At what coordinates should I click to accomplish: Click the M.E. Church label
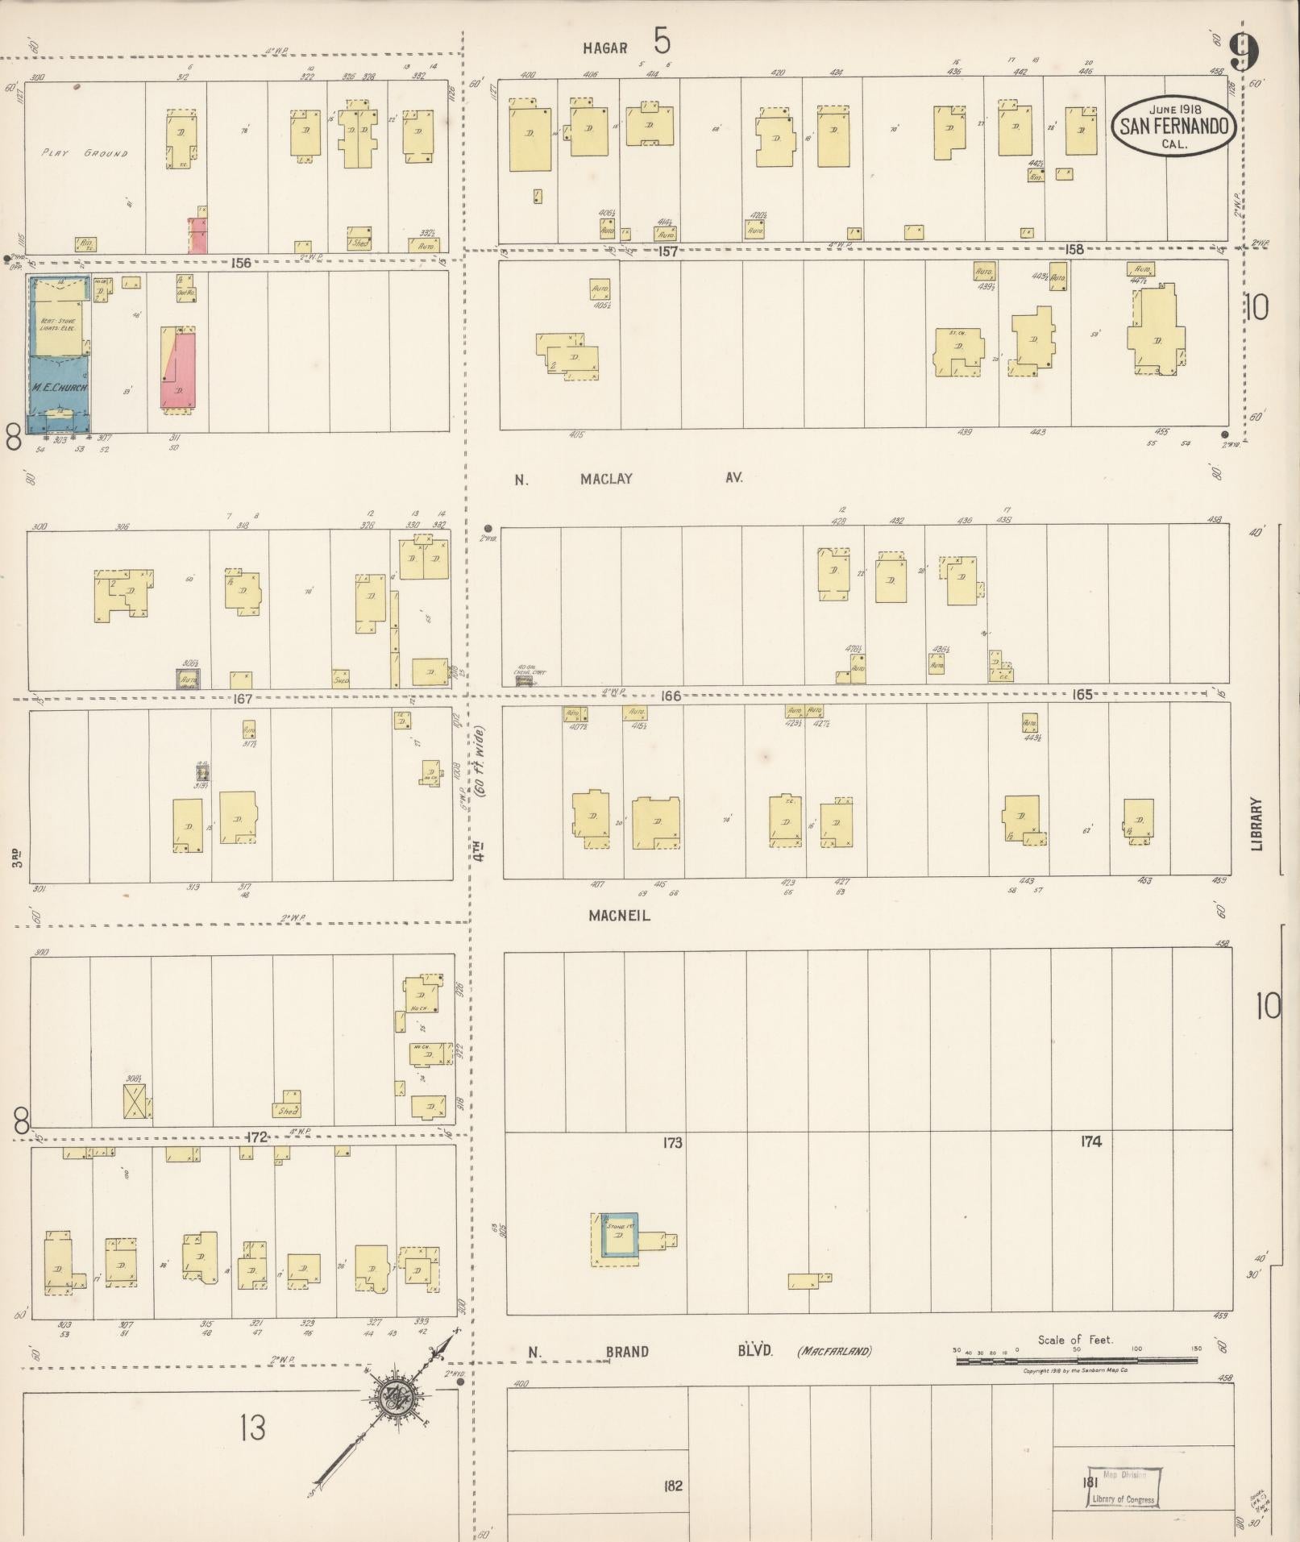(60, 388)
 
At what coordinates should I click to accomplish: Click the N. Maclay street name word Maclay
(606, 479)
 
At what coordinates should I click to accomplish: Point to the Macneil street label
(619, 916)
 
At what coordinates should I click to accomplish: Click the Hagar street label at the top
(605, 48)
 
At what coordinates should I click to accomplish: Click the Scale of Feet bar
(1076, 1360)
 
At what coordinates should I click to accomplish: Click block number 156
(240, 263)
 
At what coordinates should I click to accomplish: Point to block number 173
(672, 1142)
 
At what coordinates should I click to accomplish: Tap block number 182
(673, 1486)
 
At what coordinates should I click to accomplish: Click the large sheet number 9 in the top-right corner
(1244, 53)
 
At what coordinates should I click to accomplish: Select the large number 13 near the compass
(251, 1428)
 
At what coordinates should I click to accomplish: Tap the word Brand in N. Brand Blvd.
(626, 1352)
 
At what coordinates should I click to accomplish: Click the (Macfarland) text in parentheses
(834, 1352)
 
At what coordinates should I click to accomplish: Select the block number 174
(1091, 1141)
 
